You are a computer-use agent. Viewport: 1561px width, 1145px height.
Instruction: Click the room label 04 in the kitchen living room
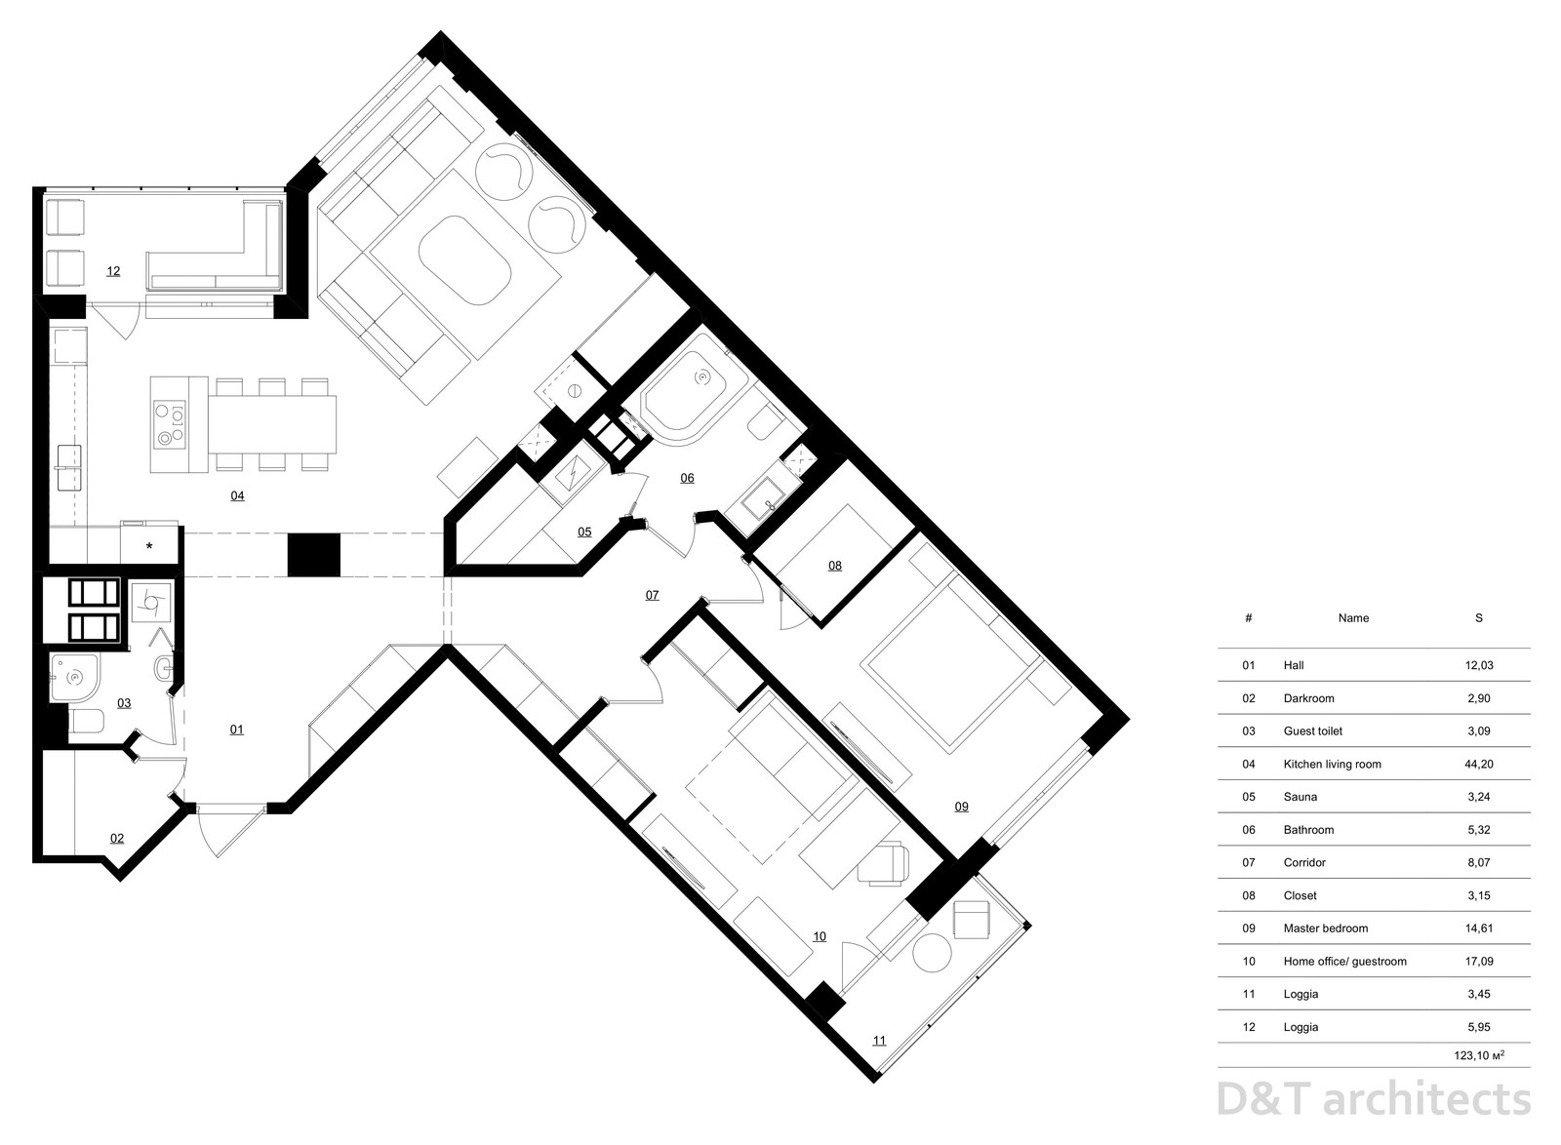(x=237, y=495)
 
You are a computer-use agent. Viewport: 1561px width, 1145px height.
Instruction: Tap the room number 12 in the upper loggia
(x=113, y=271)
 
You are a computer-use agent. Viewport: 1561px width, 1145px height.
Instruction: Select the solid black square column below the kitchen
(x=314, y=555)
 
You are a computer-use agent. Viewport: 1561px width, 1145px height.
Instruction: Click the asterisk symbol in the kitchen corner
(x=149, y=547)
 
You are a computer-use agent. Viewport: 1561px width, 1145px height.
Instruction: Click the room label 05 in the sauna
(x=584, y=533)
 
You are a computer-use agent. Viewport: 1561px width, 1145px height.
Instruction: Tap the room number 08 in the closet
(x=835, y=566)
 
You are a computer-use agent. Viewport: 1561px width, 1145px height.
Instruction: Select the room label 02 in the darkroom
(x=117, y=839)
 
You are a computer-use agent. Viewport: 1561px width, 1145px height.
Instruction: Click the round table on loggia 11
(x=932, y=954)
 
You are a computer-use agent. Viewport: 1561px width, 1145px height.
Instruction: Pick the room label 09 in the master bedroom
(x=961, y=807)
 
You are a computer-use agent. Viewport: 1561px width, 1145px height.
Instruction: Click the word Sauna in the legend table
(x=1301, y=797)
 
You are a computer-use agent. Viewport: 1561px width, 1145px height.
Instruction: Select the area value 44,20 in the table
(x=1479, y=764)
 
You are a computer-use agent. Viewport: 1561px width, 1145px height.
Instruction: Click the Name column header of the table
(x=1353, y=617)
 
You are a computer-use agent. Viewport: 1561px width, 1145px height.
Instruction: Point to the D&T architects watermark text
(x=1374, y=1100)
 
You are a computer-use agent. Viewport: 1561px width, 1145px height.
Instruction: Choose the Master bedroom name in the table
(x=1326, y=928)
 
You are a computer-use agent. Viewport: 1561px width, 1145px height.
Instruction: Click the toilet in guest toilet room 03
(x=85, y=722)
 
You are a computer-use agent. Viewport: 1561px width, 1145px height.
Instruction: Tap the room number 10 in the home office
(x=820, y=936)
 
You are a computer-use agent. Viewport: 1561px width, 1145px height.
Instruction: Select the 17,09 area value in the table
(x=1479, y=961)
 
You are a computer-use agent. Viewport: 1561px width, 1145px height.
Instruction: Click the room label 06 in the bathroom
(x=687, y=478)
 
